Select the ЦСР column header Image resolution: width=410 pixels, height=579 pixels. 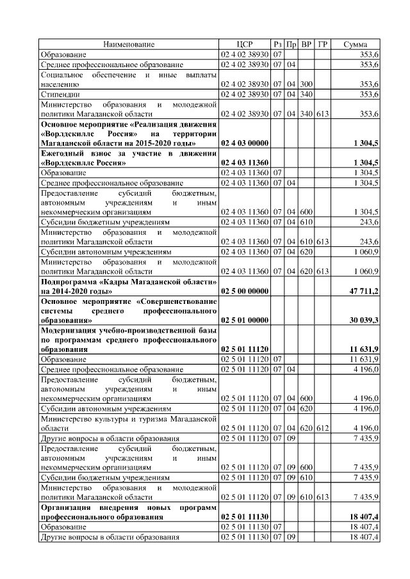245,44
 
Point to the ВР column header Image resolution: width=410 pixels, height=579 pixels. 306,44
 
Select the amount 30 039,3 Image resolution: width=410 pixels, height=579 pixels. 362,319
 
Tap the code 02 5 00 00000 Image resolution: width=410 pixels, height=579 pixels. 245,292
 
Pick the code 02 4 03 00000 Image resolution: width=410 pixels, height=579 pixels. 245,143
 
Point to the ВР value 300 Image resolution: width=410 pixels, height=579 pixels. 306,84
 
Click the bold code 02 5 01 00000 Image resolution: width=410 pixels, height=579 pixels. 245,319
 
